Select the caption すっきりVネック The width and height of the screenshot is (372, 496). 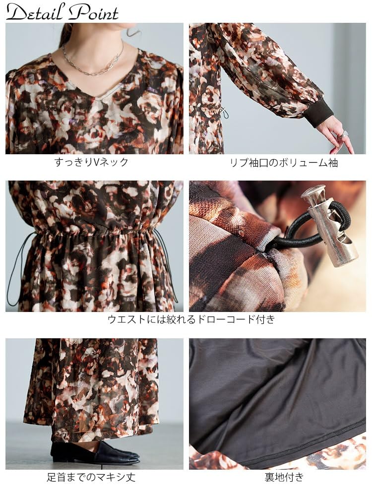91,162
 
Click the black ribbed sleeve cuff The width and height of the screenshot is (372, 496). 318,113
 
